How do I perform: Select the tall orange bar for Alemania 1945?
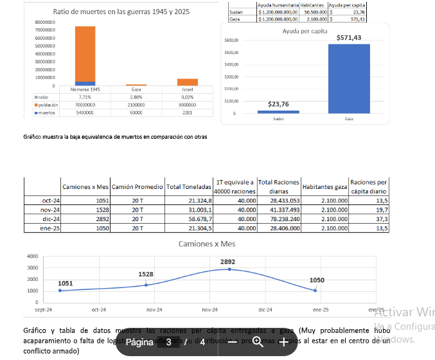(85, 54)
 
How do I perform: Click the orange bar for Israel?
(188, 82)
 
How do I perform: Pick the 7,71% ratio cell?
(85, 96)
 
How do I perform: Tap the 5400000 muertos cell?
(85, 112)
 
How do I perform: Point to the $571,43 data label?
(348, 38)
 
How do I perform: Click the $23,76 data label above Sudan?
(278, 104)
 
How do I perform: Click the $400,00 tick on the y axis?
(231, 64)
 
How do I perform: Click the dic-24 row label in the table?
(50, 219)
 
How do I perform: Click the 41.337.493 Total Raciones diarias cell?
(279, 210)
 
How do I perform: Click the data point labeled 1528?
(146, 285)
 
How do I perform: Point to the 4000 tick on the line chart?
(32, 256)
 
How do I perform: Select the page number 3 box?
(169, 342)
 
